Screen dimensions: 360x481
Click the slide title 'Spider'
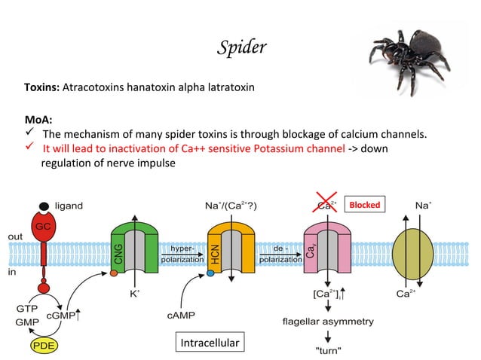click(x=241, y=48)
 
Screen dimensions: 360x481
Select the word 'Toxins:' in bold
click(x=41, y=88)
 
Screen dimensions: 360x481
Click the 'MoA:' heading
click(x=38, y=119)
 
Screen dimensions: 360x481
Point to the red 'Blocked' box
click(x=365, y=205)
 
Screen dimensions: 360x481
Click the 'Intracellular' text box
click(x=210, y=343)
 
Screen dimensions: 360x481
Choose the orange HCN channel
click(x=230, y=248)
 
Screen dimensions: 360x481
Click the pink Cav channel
click(x=326, y=248)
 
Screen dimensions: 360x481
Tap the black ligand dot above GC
click(x=45, y=206)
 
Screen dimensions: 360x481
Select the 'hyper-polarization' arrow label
click(x=181, y=253)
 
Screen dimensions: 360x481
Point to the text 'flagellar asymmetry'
click(x=327, y=321)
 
